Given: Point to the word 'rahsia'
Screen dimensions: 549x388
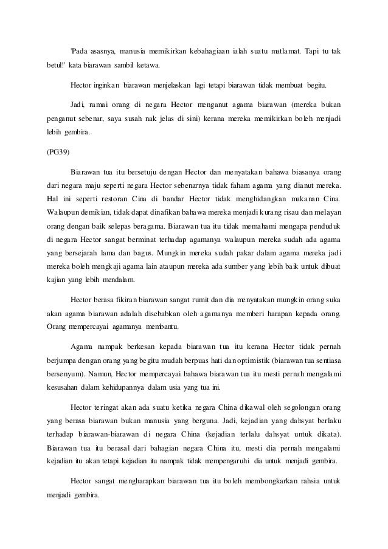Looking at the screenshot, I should (309, 482).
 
